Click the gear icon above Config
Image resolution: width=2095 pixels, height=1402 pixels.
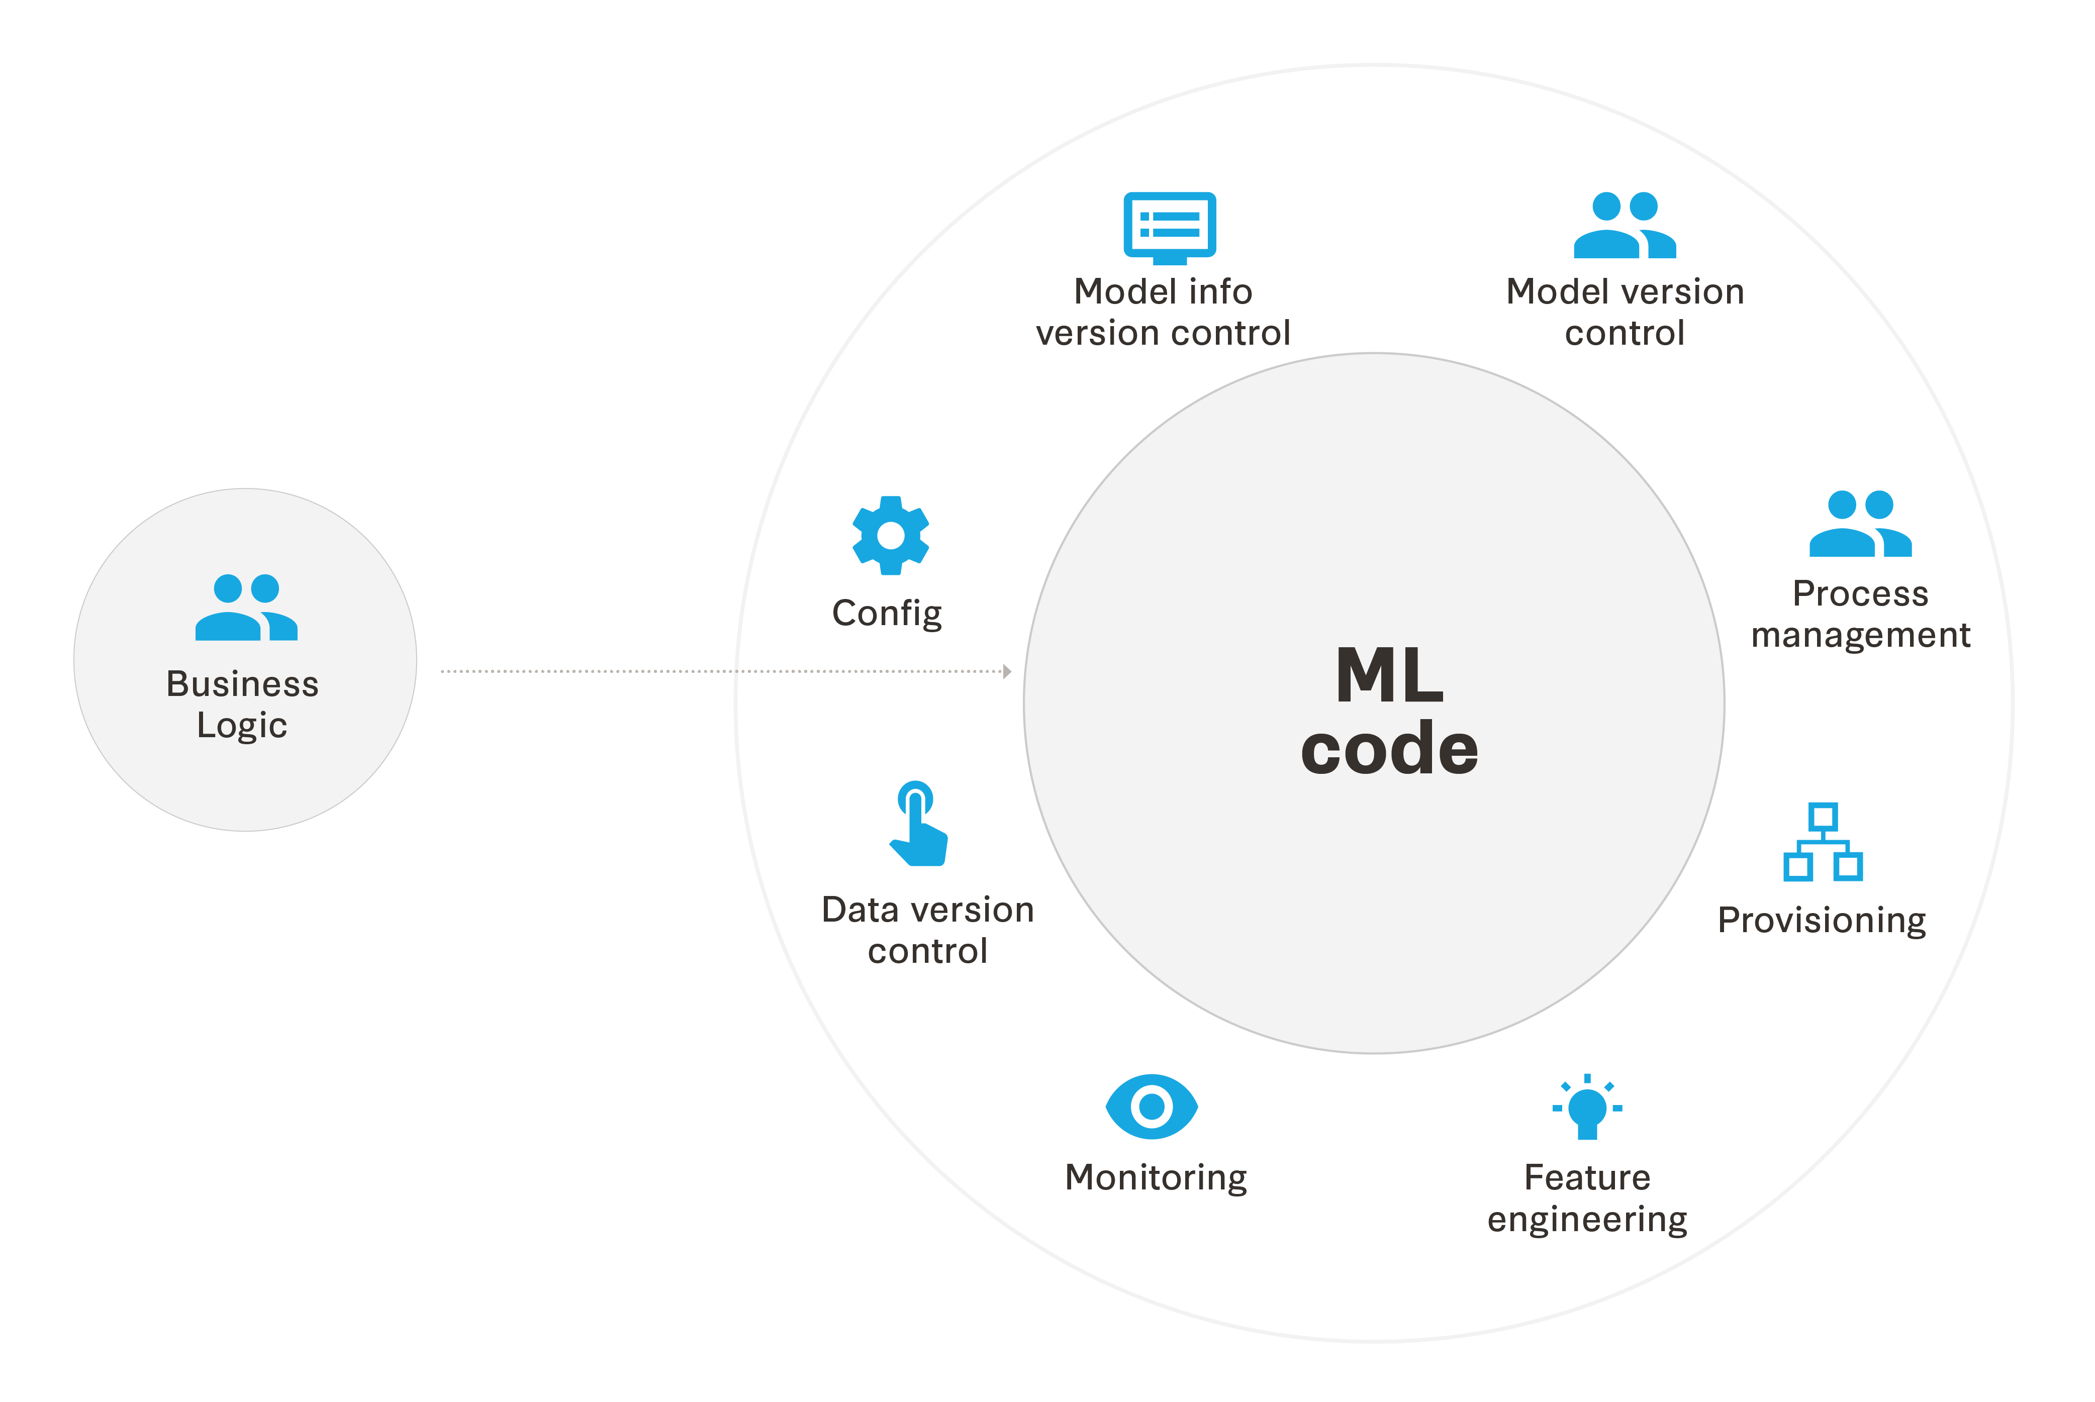pyautogui.click(x=891, y=536)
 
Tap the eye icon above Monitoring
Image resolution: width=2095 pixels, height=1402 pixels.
pyautogui.click(x=1152, y=1107)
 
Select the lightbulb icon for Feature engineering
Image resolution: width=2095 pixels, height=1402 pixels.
pyautogui.click(x=1587, y=1109)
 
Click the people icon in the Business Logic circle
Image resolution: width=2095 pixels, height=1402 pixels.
pyautogui.click(x=246, y=608)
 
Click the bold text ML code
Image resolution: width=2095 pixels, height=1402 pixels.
pyautogui.click(x=1389, y=711)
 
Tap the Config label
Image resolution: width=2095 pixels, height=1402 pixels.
pyautogui.click(x=887, y=614)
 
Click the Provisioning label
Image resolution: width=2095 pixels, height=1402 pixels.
pyautogui.click(x=1822, y=920)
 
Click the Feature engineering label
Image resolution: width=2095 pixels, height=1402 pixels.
pyautogui.click(x=1587, y=1198)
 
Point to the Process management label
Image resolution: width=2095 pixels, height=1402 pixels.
pyautogui.click(x=1861, y=614)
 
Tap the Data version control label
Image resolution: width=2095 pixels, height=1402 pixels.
pyautogui.click(x=928, y=930)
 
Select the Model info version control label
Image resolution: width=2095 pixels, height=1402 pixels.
pyautogui.click(x=1163, y=312)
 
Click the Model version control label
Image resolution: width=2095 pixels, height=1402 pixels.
pyautogui.click(x=1625, y=312)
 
